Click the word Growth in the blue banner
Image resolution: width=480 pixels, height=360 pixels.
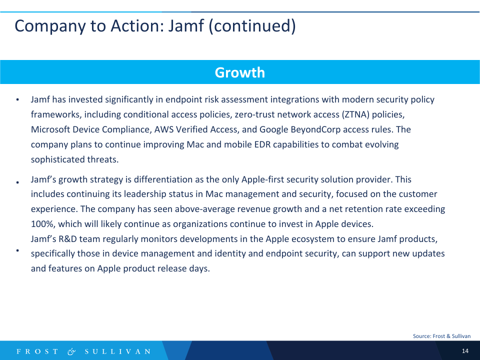click(x=239, y=72)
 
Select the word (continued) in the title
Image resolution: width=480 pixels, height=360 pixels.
click(x=252, y=26)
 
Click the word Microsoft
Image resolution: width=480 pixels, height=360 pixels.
click(x=50, y=129)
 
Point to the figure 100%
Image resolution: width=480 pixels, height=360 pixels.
click(x=43, y=224)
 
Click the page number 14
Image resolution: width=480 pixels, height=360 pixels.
click(x=465, y=351)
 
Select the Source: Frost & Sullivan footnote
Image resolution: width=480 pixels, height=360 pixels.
click(x=441, y=336)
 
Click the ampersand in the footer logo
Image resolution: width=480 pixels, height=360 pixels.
click(x=71, y=351)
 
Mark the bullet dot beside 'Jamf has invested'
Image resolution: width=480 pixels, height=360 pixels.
click(x=17, y=100)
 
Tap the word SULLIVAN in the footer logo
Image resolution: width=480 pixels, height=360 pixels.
click(x=118, y=351)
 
